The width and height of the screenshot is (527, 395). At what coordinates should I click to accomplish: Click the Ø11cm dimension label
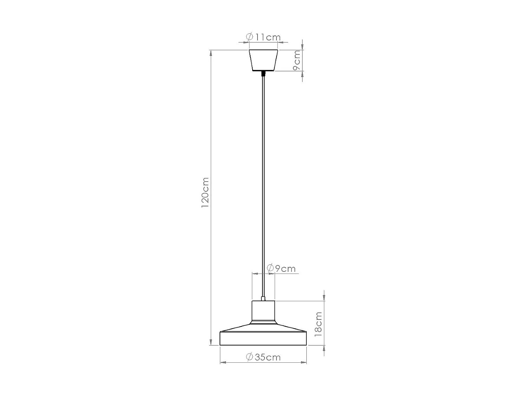pyautogui.click(x=263, y=37)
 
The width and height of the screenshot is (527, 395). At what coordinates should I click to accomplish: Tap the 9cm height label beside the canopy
pyautogui.click(x=297, y=60)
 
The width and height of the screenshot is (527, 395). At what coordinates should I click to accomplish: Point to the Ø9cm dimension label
pyautogui.click(x=281, y=269)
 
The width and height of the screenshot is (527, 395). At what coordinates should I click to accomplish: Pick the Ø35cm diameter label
pyautogui.click(x=263, y=357)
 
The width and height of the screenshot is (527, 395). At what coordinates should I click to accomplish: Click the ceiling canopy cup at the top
pyautogui.click(x=263, y=60)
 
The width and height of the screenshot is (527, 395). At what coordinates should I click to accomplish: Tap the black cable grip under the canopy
pyautogui.click(x=263, y=74)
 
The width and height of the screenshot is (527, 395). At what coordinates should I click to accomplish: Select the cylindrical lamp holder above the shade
pyautogui.click(x=263, y=311)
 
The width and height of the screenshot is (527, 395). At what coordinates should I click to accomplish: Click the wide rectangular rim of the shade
pyautogui.click(x=263, y=338)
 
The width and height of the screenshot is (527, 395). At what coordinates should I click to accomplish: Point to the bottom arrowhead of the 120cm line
pyautogui.click(x=211, y=342)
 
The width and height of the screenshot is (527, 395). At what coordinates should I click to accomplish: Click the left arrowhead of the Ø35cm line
pyautogui.click(x=222, y=362)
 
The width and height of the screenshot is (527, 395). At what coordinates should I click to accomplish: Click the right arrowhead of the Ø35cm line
pyautogui.click(x=304, y=362)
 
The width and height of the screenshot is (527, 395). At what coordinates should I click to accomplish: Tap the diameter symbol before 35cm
pyautogui.click(x=249, y=357)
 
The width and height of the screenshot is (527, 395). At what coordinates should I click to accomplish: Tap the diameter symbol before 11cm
pyautogui.click(x=250, y=37)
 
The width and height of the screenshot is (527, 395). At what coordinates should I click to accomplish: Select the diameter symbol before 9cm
pyautogui.click(x=271, y=269)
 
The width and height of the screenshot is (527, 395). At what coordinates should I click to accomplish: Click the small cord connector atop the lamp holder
pyautogui.click(x=263, y=299)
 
